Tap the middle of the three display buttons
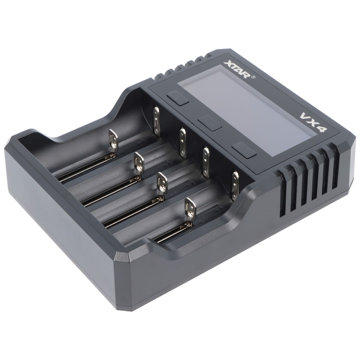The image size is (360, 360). click(210, 123)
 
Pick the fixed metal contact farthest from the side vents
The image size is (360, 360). click(157, 121)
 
